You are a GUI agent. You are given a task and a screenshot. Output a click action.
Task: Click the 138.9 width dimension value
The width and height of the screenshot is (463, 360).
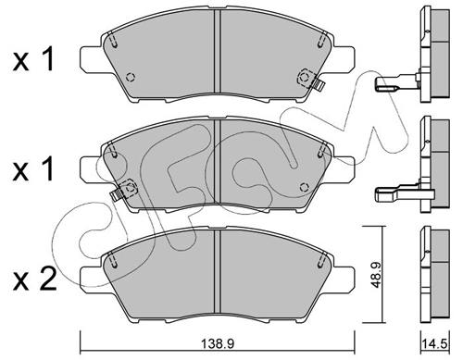pyautogui.click(x=217, y=343)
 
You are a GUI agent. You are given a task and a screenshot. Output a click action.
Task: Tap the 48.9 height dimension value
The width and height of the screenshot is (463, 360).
pyautogui.click(x=375, y=276)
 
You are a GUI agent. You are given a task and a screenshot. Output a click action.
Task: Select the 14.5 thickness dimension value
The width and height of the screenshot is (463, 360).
pyautogui.click(x=435, y=343)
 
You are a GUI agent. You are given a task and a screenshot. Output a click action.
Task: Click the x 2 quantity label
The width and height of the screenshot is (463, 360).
pyautogui.click(x=34, y=279)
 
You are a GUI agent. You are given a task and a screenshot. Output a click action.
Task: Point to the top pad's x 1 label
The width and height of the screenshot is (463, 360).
pyautogui.click(x=34, y=59)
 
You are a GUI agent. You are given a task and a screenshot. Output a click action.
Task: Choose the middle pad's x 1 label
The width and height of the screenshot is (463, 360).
pyautogui.click(x=34, y=169)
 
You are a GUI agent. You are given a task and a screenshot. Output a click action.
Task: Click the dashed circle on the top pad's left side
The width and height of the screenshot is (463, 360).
pyautogui.click(x=131, y=77)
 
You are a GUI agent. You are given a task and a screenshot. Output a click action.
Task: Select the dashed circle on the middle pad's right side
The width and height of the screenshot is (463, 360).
pyautogui.click(x=305, y=187)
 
